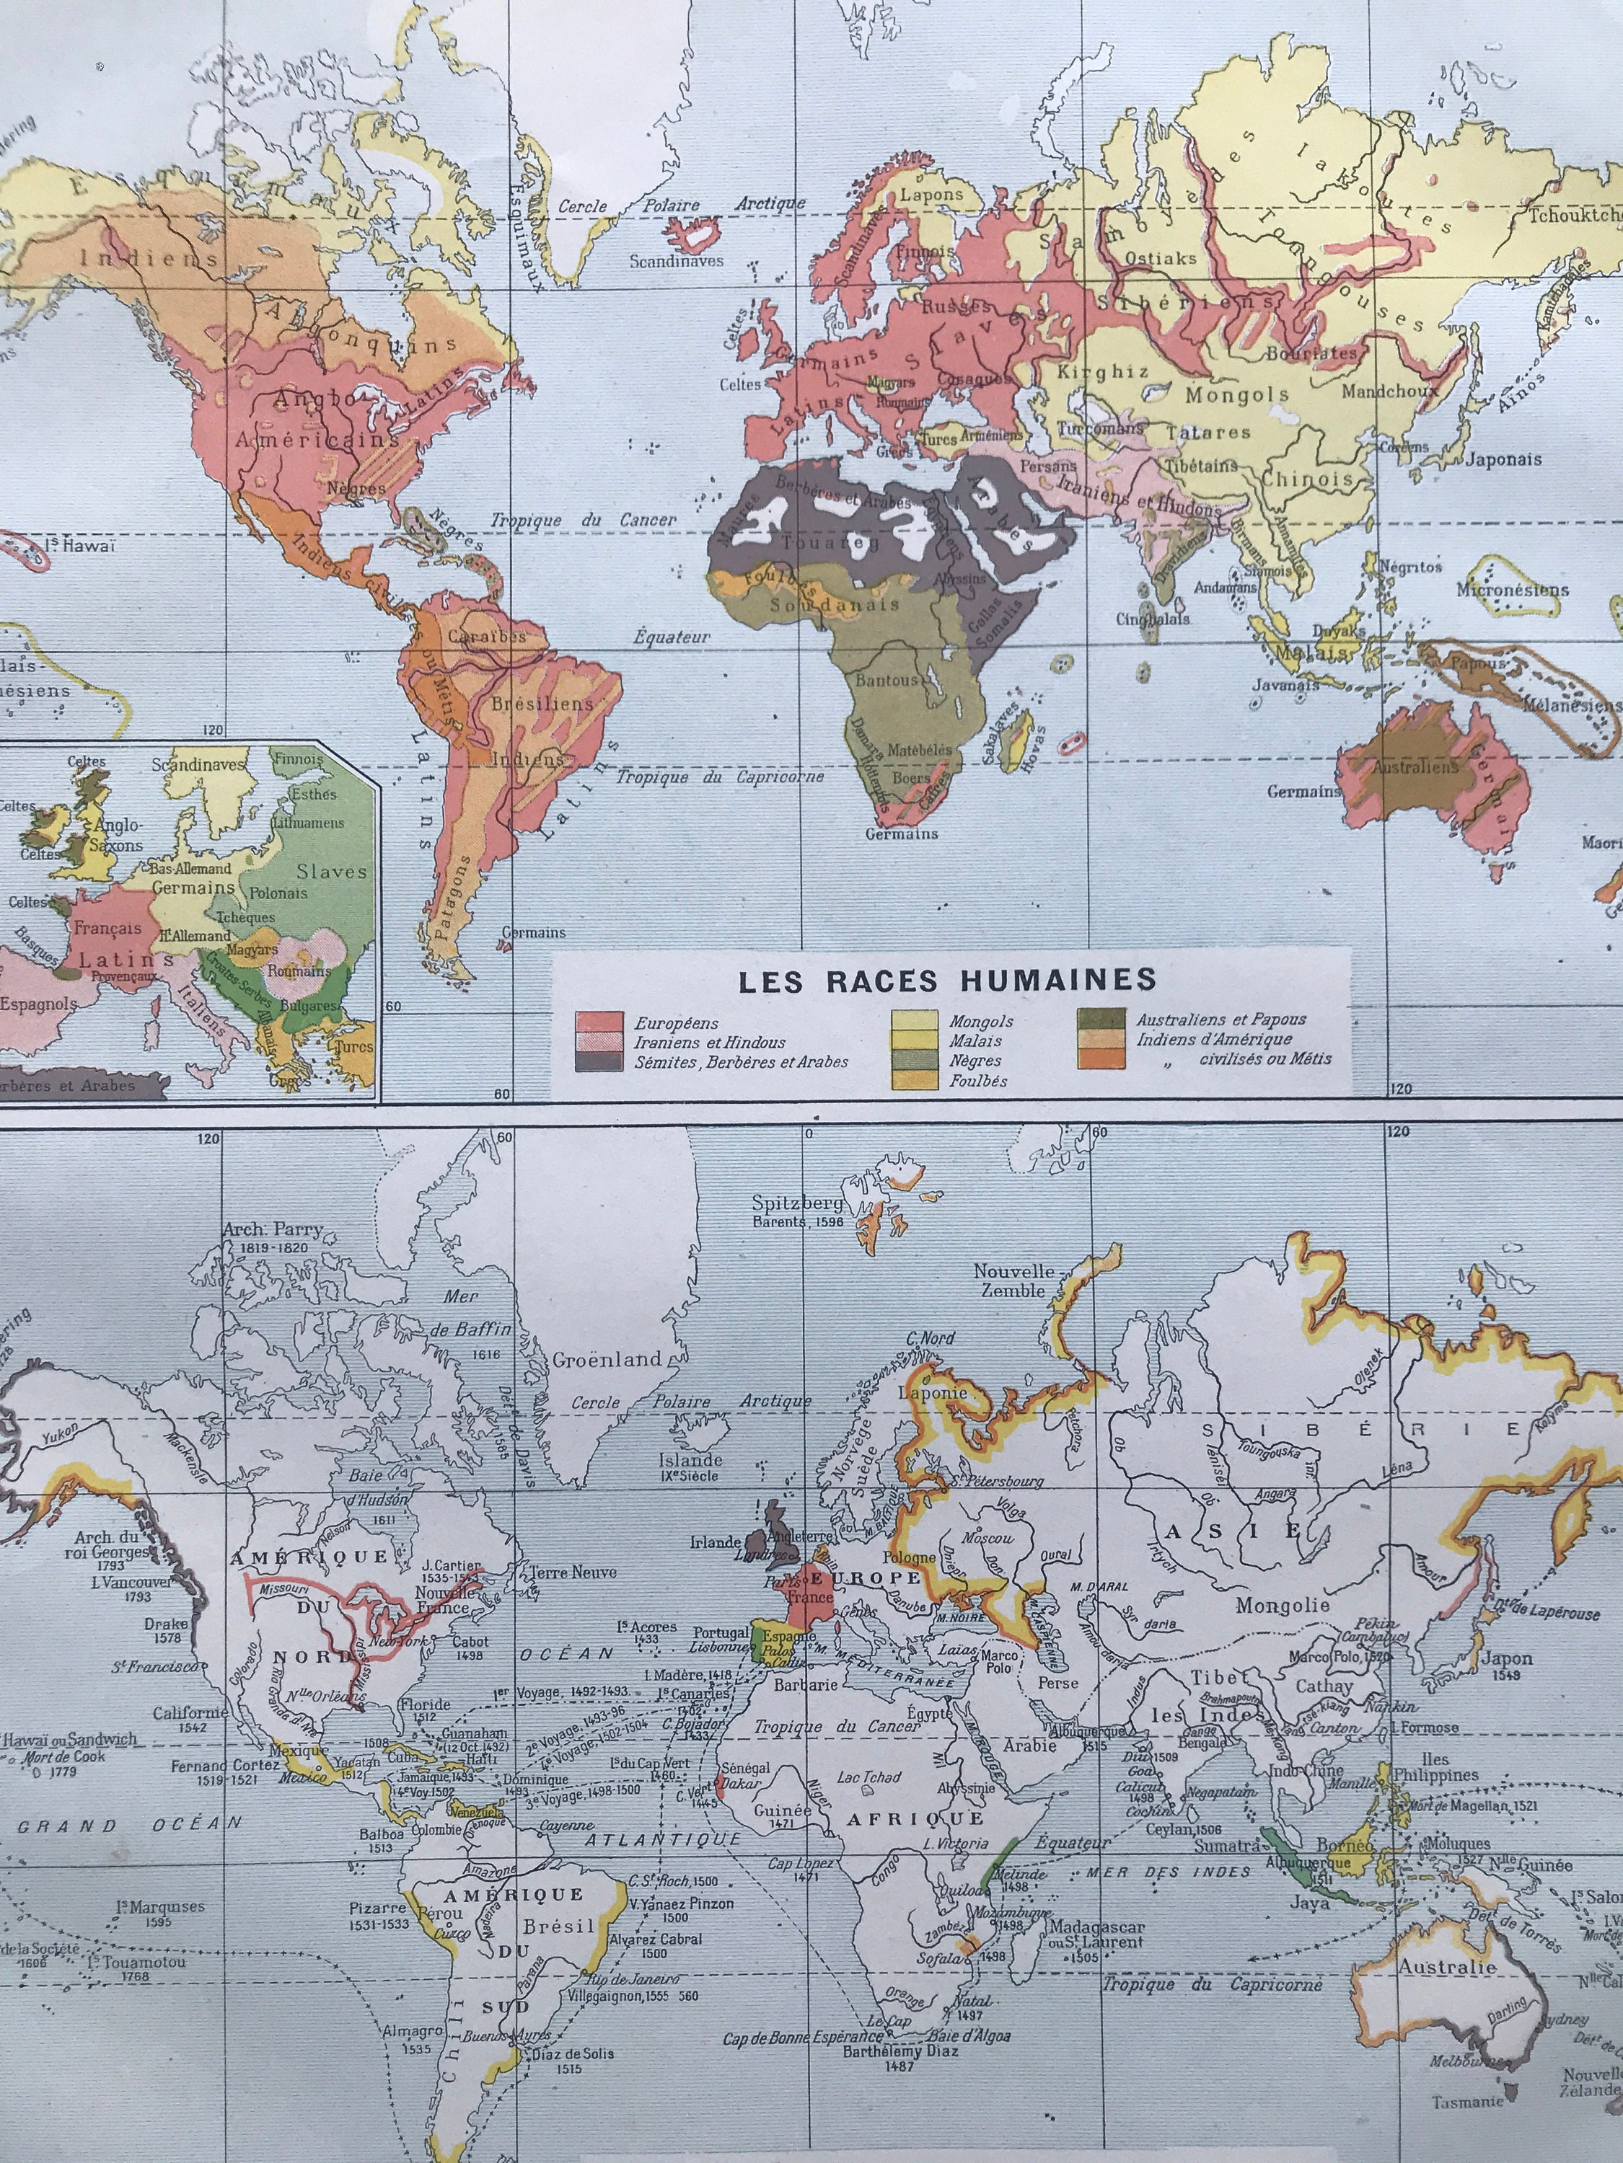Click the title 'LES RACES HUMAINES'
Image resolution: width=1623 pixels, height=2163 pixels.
coord(947,979)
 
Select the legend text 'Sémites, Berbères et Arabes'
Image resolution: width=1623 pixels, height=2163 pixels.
coord(742,1061)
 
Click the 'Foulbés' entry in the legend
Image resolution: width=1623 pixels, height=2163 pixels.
coord(977,1081)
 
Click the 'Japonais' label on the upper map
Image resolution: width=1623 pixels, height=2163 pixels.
coord(1503,459)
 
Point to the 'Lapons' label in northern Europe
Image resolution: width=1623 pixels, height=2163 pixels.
coord(931,194)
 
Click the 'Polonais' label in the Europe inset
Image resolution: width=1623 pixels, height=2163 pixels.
coord(278,893)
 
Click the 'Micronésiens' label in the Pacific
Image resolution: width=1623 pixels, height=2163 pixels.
coord(1513,590)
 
